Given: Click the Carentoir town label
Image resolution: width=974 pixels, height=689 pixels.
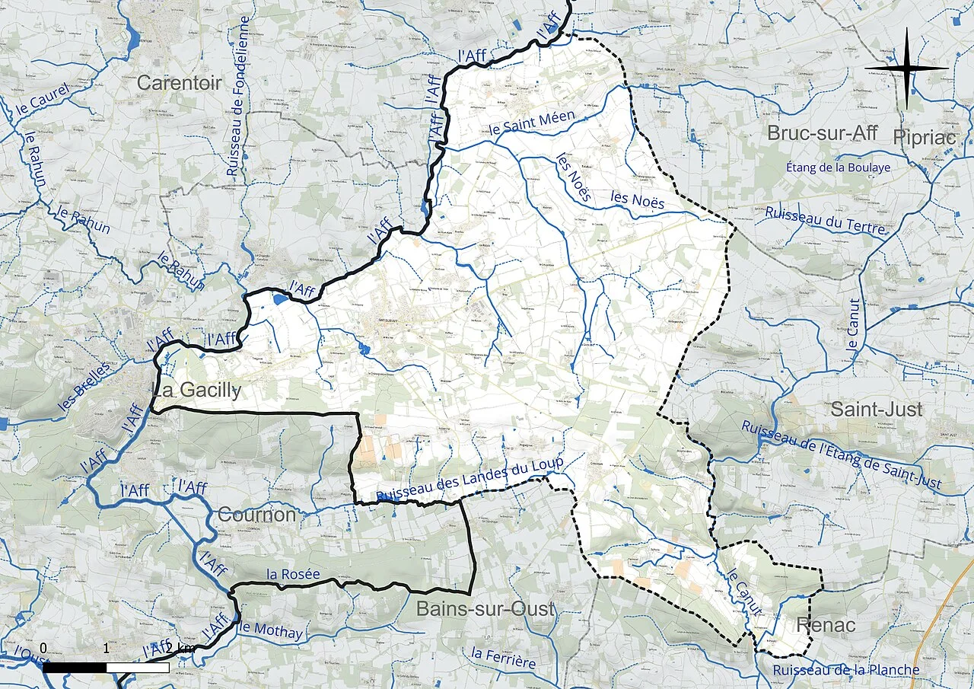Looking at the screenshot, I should click(x=180, y=83).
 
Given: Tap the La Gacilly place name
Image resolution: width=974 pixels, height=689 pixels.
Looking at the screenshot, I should click(x=197, y=391).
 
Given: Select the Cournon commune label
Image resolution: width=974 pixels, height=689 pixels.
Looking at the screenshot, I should click(x=256, y=515).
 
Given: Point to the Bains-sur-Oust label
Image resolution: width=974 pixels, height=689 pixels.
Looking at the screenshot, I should click(x=485, y=609).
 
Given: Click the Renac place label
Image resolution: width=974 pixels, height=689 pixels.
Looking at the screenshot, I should click(x=826, y=626).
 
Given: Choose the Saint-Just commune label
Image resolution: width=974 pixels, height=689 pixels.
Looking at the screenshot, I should click(x=876, y=410).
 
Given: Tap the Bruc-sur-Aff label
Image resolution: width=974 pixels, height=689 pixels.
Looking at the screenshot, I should click(x=822, y=133).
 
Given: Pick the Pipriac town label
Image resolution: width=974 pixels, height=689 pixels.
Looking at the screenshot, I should click(x=926, y=137).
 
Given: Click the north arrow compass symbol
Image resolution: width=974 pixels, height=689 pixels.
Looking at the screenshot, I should click(x=906, y=69).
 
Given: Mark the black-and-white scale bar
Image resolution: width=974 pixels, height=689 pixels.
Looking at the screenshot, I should click(x=106, y=667).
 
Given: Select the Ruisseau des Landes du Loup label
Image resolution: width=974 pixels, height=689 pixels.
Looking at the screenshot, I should click(x=469, y=481).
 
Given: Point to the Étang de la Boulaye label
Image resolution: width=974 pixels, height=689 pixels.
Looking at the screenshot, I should click(x=838, y=167).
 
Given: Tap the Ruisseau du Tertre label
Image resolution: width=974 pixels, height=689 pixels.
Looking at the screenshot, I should click(x=826, y=221).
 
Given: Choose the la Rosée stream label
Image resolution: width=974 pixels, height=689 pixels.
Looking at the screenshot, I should click(x=293, y=575).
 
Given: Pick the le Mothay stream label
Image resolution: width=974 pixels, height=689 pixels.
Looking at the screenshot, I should click(x=271, y=630).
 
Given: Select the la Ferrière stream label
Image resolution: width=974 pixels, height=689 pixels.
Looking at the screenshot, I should click(x=503, y=658).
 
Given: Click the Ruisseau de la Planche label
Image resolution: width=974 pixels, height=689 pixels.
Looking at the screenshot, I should click(x=845, y=671).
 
